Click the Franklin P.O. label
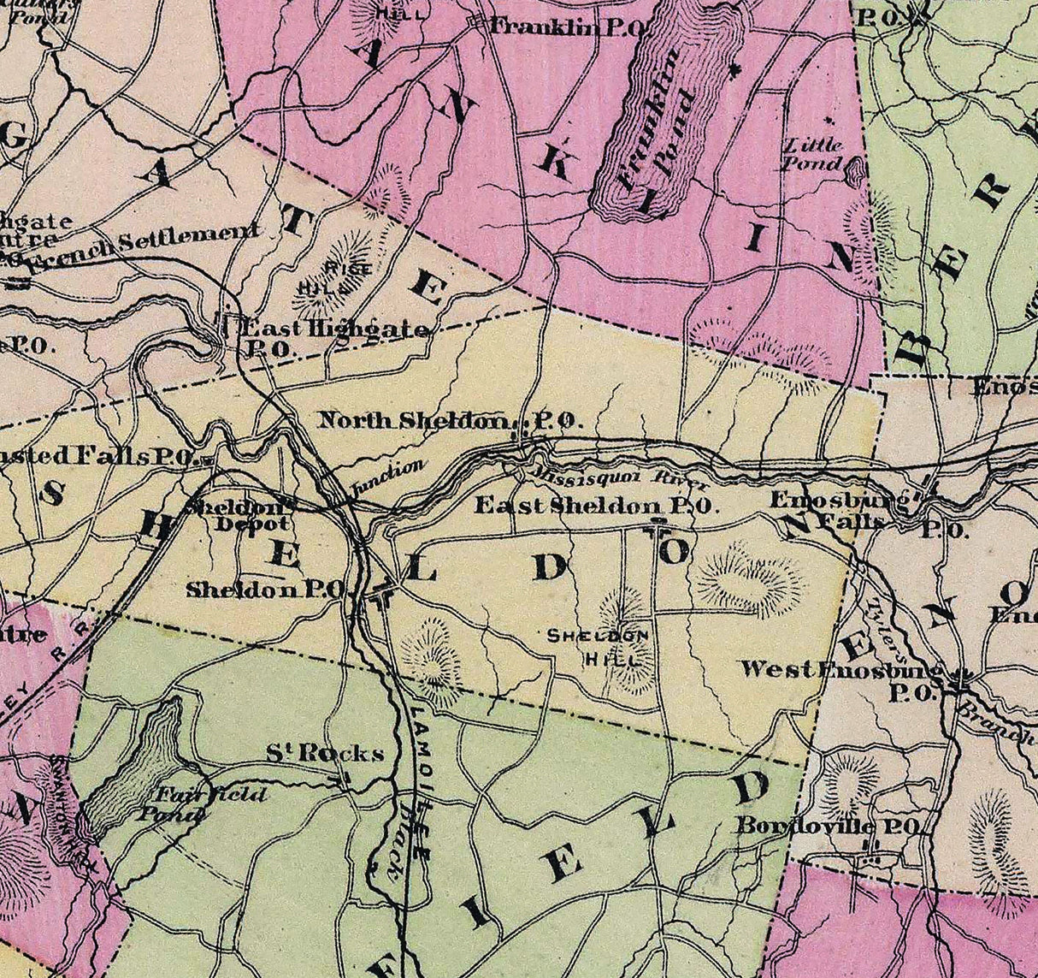tap(567, 28)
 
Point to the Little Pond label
tap(813, 154)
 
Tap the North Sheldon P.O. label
tap(450, 420)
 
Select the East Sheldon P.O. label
tap(593, 505)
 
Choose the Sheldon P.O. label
tap(265, 589)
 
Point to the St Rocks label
tap(323, 754)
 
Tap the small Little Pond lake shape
tap(852, 174)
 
